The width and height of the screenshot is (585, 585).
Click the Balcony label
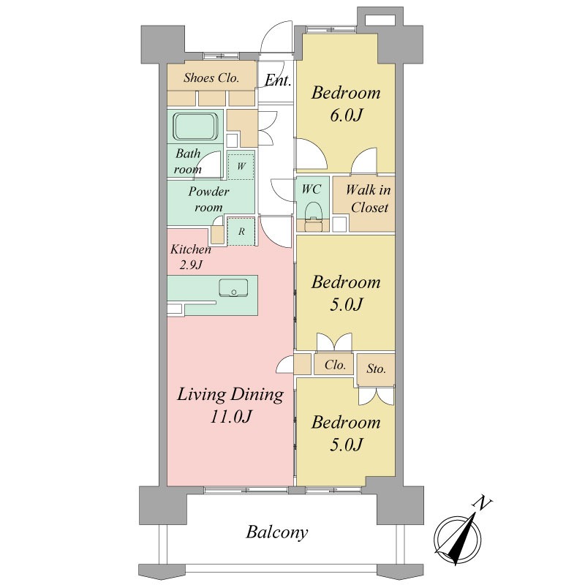(x=277, y=532)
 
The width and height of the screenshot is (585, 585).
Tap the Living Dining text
(x=230, y=395)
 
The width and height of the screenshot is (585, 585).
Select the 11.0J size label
(x=231, y=416)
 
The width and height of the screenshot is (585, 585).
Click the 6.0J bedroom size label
(x=346, y=115)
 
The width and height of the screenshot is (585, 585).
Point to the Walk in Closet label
(x=369, y=198)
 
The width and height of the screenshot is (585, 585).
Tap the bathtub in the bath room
(x=196, y=126)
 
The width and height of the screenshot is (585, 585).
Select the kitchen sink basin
(x=233, y=287)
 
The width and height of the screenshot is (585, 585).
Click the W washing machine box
(x=241, y=165)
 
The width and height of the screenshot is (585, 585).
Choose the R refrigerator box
(x=241, y=231)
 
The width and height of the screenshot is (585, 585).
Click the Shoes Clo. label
(x=211, y=78)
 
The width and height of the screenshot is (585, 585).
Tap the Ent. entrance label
(x=278, y=80)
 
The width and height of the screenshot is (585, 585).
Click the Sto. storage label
(x=376, y=369)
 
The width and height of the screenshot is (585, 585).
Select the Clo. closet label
(x=335, y=364)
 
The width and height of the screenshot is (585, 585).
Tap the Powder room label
(x=208, y=199)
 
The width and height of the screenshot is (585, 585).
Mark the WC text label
(x=312, y=189)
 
